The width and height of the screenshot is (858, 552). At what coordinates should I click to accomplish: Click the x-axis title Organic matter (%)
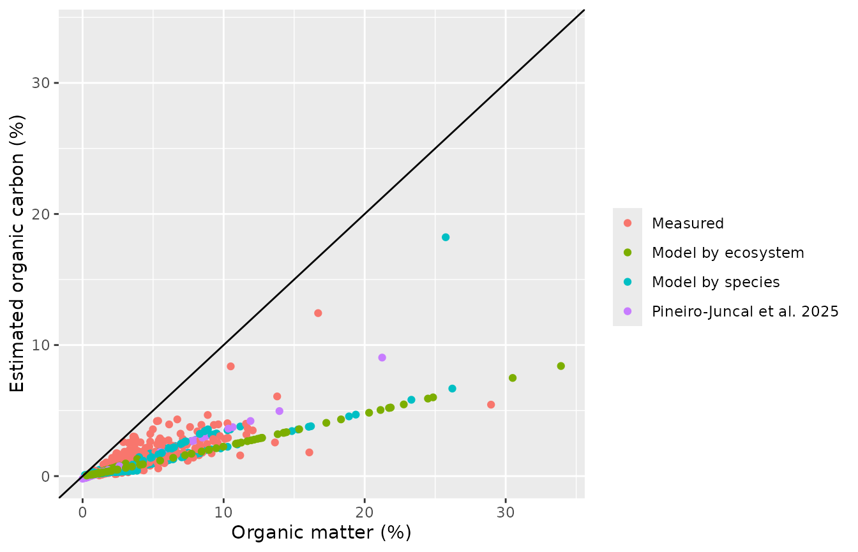[321, 532]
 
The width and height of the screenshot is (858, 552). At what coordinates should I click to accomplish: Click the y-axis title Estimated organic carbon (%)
[17, 254]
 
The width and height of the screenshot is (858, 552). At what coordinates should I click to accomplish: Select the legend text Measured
[688, 223]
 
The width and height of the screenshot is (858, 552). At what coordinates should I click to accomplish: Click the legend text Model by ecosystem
[728, 253]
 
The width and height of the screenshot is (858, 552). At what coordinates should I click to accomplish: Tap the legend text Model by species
[716, 282]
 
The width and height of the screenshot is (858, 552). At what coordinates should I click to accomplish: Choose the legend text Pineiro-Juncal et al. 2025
[745, 311]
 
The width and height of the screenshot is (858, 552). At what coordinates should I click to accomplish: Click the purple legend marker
[628, 311]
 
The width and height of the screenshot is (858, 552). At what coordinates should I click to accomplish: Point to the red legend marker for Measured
[628, 223]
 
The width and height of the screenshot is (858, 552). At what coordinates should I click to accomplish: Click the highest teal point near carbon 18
[446, 237]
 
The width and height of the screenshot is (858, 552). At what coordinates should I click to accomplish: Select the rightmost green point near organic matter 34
[561, 366]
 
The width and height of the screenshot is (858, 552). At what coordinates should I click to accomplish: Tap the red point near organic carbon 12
[318, 313]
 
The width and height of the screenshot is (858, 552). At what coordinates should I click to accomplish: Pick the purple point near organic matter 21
[382, 357]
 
